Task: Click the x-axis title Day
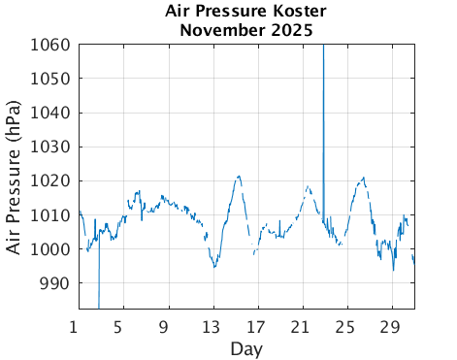pyautogui.click(x=246, y=347)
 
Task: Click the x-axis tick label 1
pyautogui.click(x=79, y=326)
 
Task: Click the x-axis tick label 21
pyautogui.click(x=302, y=326)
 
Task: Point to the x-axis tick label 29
pyautogui.click(x=391, y=326)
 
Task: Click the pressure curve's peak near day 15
pyautogui.click(x=238, y=177)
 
